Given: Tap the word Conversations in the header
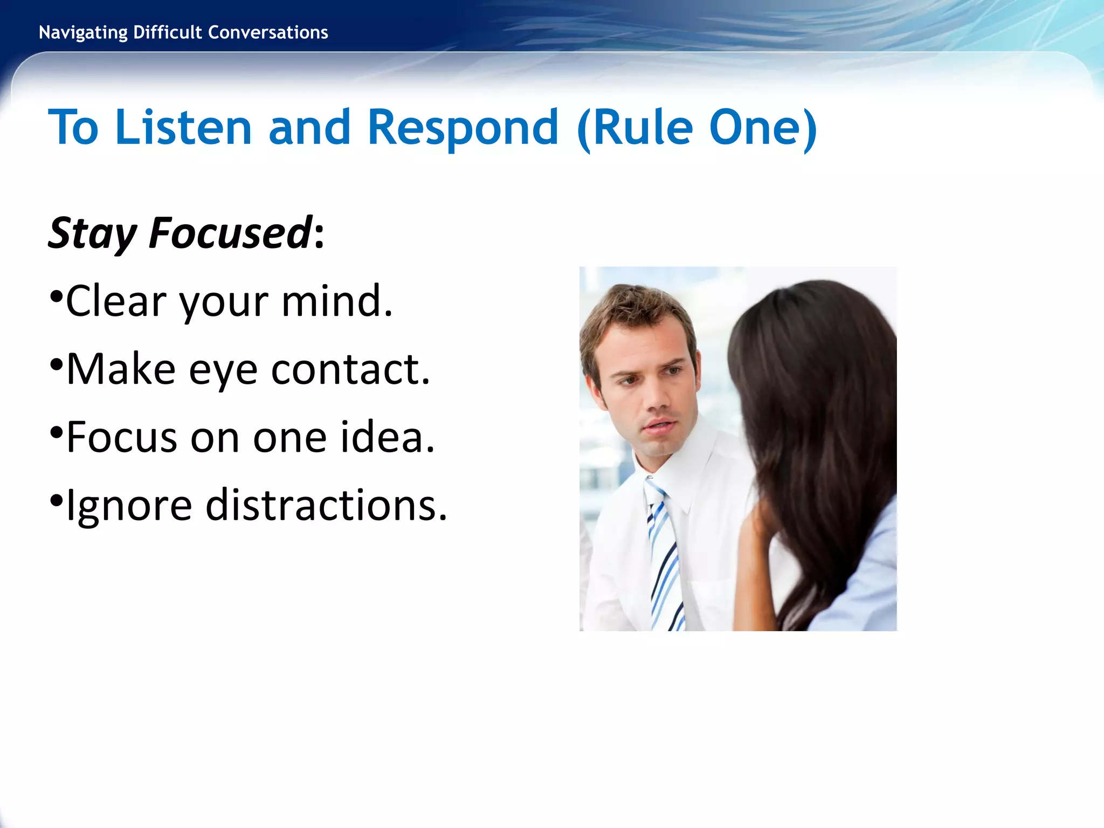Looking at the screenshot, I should coord(268,33).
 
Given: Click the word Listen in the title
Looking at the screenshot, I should coord(183,128).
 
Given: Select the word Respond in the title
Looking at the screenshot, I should coord(463,128).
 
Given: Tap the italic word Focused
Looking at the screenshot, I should coord(231,233).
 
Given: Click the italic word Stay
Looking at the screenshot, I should coord(92,233).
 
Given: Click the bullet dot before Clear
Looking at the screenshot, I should coord(56,296).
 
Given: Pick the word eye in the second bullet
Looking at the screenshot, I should coord(223,370).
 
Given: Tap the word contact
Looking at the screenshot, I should coord(350,370).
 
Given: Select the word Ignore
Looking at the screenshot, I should coord(129,506).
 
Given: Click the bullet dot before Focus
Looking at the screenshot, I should coord(56,432).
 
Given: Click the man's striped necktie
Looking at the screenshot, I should coord(664,561).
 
